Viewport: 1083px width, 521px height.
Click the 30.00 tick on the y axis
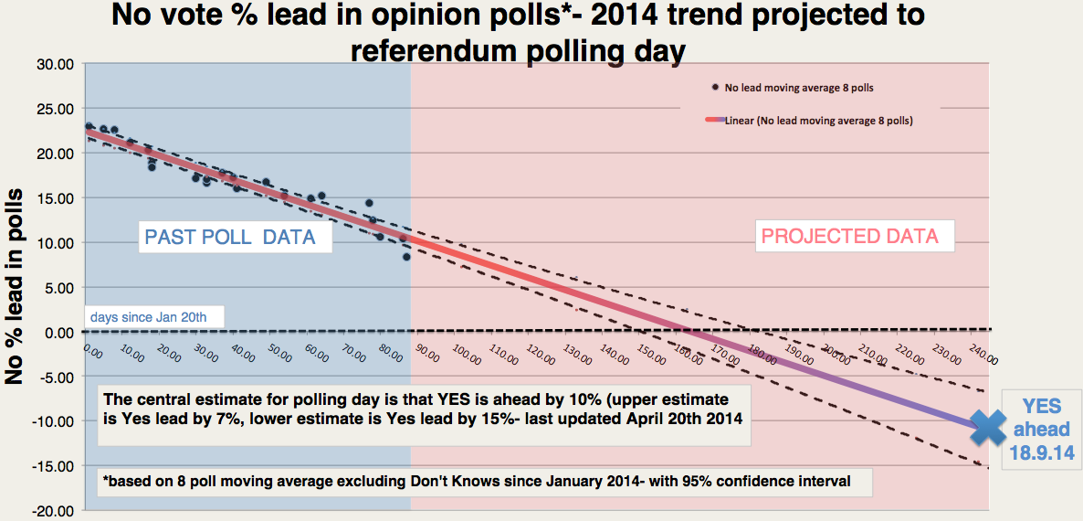(57, 64)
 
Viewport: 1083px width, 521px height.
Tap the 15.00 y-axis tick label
(57, 197)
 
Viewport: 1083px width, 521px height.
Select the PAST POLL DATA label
(230, 239)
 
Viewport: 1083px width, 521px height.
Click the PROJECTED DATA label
(849, 236)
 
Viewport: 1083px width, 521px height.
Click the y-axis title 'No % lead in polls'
(16, 288)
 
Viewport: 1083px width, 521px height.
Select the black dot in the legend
(715, 88)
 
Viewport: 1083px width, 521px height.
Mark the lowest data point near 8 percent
(406, 257)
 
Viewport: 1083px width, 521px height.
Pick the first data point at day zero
(89, 127)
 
